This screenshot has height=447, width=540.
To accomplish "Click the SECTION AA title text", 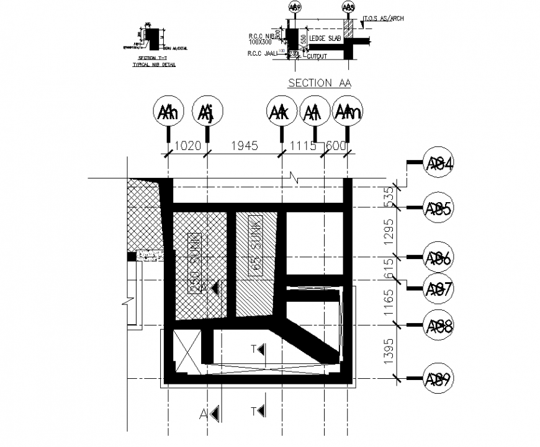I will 319,83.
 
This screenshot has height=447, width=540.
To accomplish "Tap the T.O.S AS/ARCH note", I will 384,19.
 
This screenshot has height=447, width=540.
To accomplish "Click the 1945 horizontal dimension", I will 245,146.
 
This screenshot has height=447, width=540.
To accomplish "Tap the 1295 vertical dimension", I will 390,232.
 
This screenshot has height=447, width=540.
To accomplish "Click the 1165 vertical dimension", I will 390,303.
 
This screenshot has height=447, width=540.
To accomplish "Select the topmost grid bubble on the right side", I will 439,163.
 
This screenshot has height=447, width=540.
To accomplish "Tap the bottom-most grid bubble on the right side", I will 439,378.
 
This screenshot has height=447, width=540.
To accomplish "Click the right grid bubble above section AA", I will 349,7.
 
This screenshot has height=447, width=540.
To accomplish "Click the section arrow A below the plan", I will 212,413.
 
